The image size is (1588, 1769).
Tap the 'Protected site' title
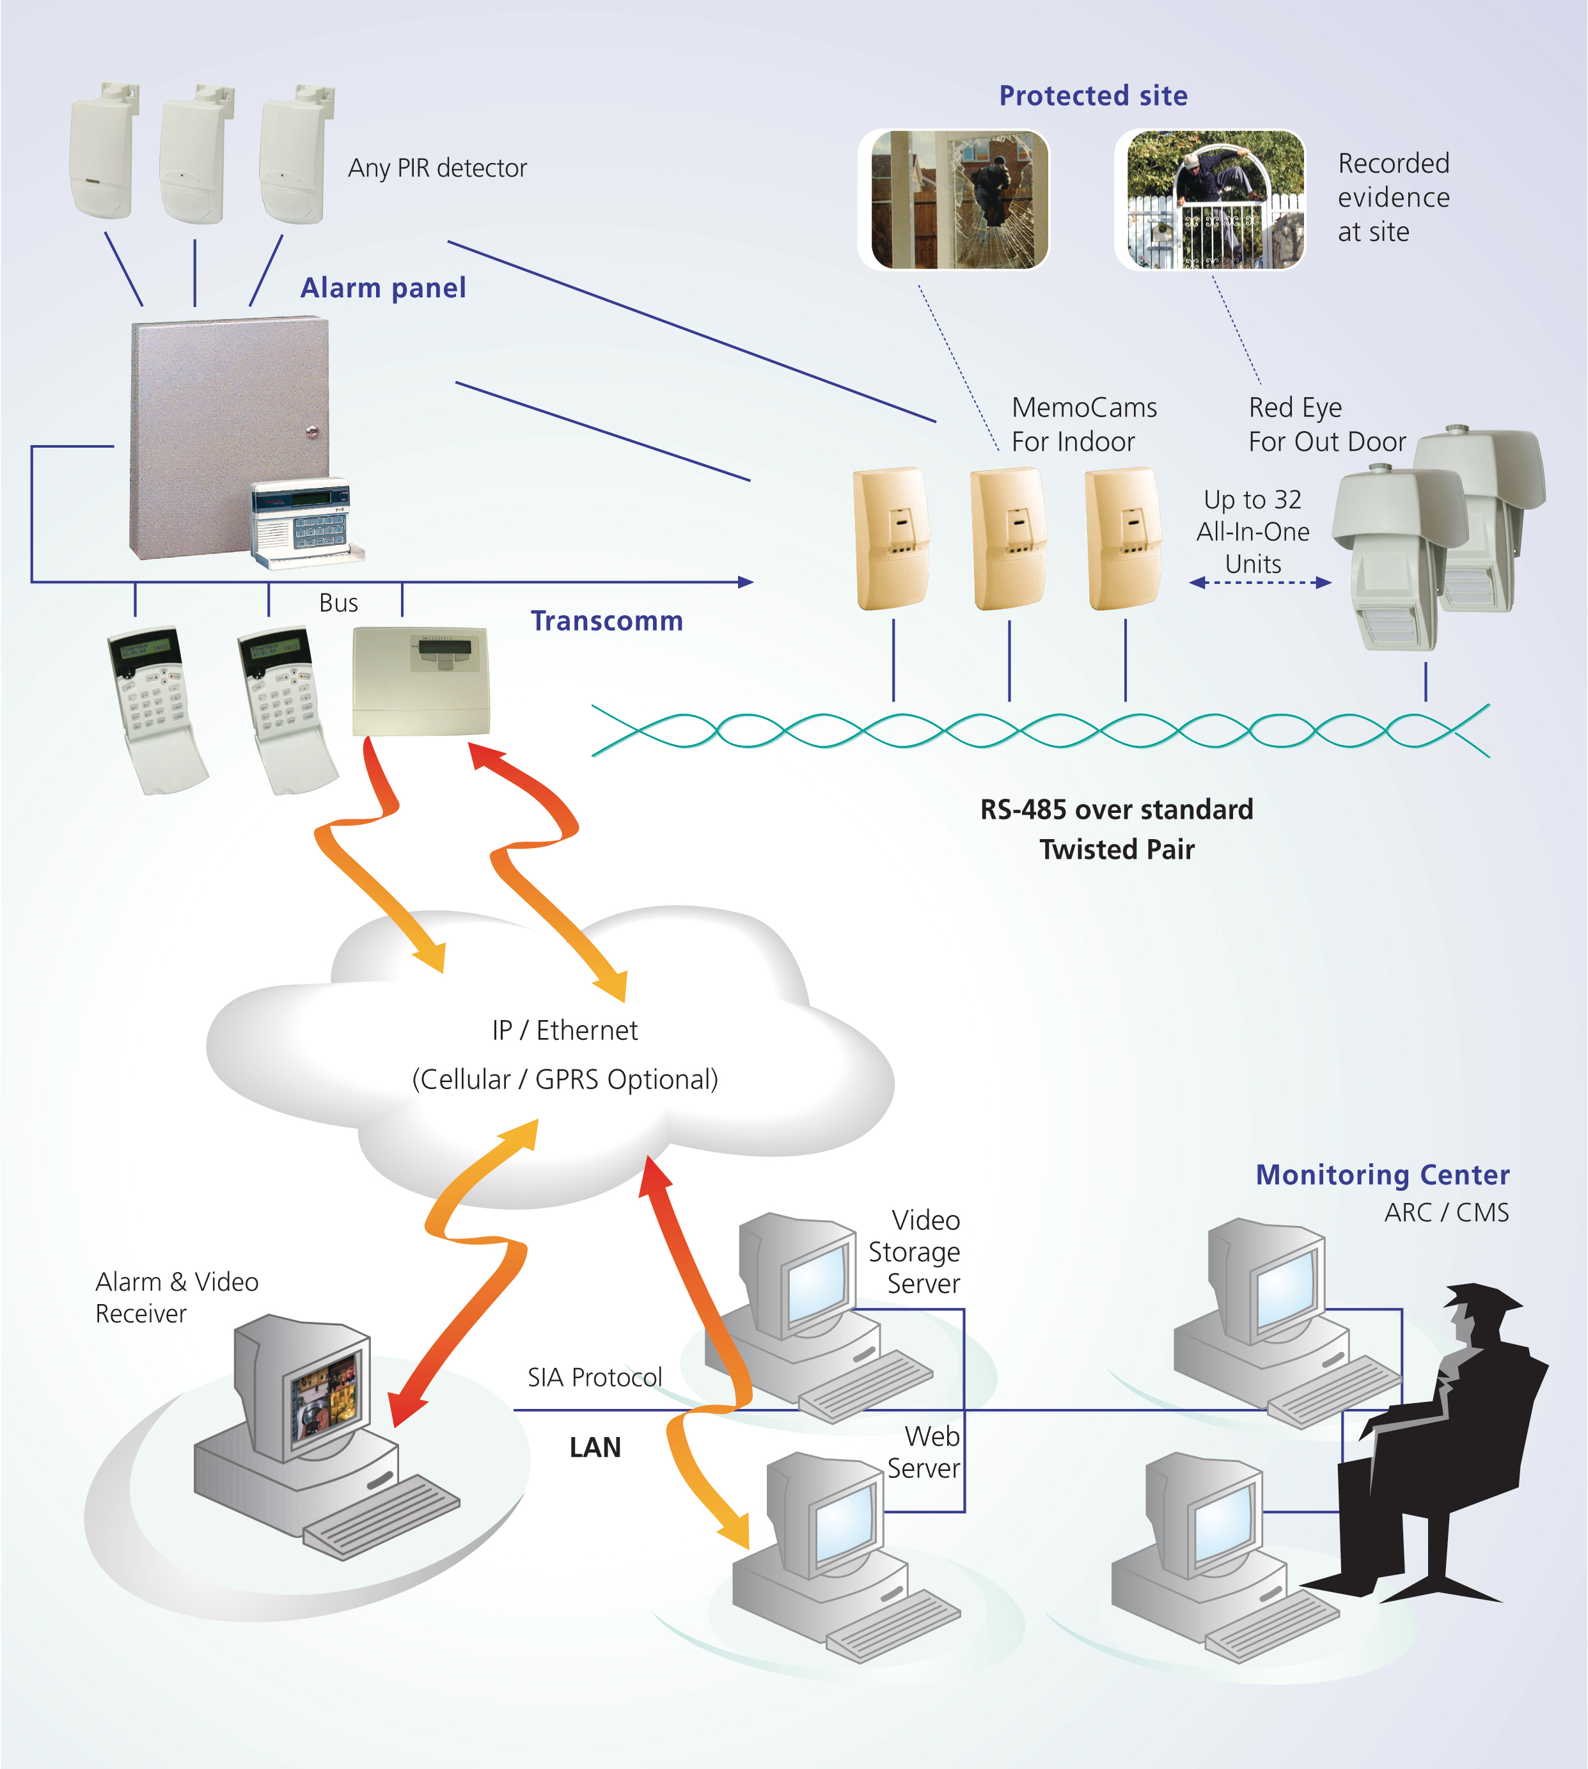(1092, 95)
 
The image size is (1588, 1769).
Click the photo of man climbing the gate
(1215, 200)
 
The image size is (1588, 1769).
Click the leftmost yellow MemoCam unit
(891, 539)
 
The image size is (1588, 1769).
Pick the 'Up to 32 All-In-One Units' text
(1252, 531)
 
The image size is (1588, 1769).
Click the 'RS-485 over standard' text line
(1116, 809)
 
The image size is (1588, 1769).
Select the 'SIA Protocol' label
(594, 1377)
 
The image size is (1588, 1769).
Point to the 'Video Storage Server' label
(915, 1252)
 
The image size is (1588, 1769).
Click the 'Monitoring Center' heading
(1382, 1175)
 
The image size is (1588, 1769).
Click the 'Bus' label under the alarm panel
(338, 603)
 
